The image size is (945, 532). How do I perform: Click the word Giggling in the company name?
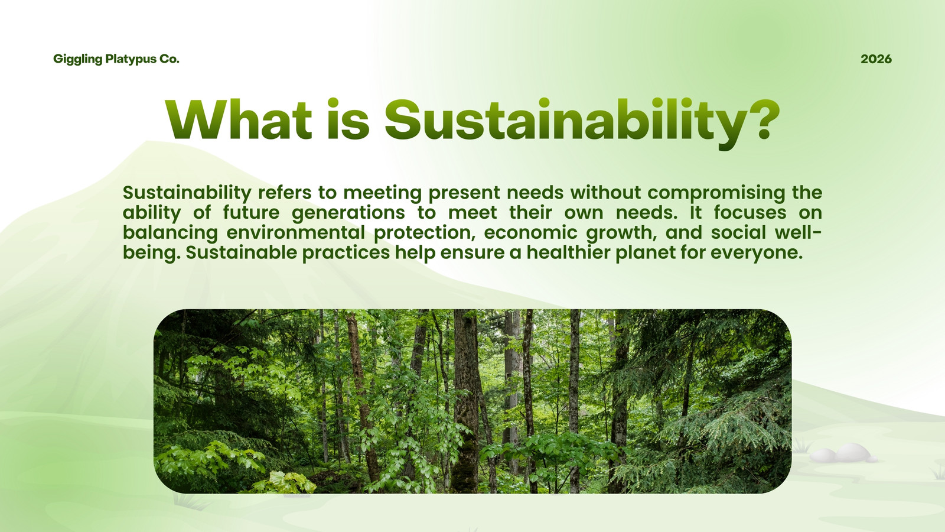(x=77, y=59)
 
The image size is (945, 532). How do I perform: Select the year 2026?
(x=876, y=59)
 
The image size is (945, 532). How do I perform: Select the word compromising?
(x=716, y=193)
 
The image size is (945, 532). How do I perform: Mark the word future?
(x=251, y=212)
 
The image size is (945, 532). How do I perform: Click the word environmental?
(x=295, y=233)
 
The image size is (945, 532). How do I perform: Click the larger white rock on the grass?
(x=852, y=452)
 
